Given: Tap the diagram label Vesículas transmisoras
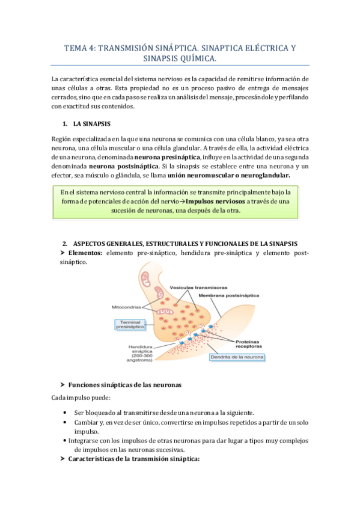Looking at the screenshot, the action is pyautogui.click(x=194, y=286).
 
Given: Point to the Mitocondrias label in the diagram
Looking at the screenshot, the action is pyautogui.click(x=126, y=307).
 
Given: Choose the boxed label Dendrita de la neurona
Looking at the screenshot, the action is pyautogui.click(x=236, y=357).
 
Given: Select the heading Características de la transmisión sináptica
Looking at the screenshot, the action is pyautogui.click(x=133, y=459).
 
